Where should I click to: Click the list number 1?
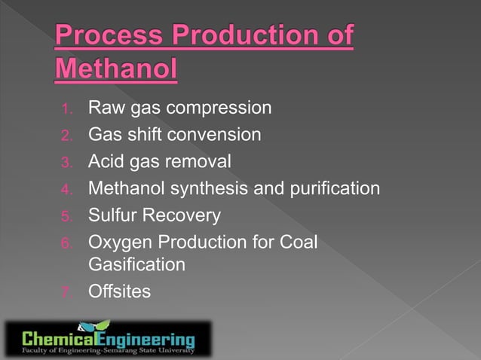pos(66,109)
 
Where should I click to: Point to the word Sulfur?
pos(112,216)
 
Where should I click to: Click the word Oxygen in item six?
pos(118,243)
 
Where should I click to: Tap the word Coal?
pos(299,243)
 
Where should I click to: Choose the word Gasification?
pos(136,264)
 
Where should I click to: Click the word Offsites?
pos(119,291)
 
